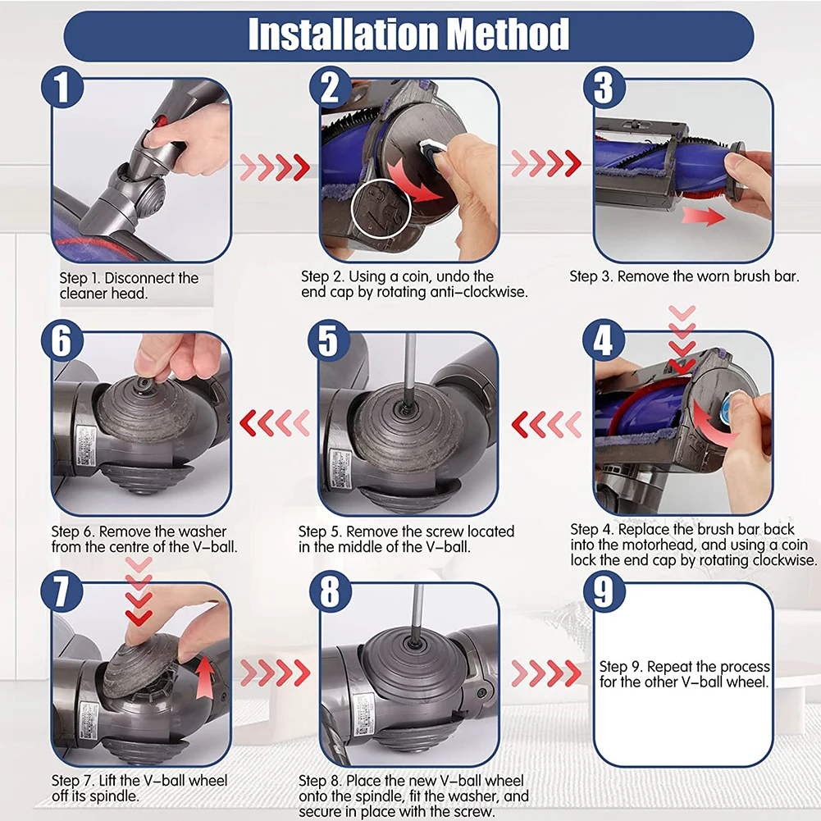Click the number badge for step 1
(62, 87)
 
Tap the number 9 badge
(604, 591)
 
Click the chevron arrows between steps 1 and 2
(275, 167)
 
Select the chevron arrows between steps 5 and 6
(275, 423)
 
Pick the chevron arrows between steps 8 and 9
(546, 673)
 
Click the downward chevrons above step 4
(682, 339)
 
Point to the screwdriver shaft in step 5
(409, 367)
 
